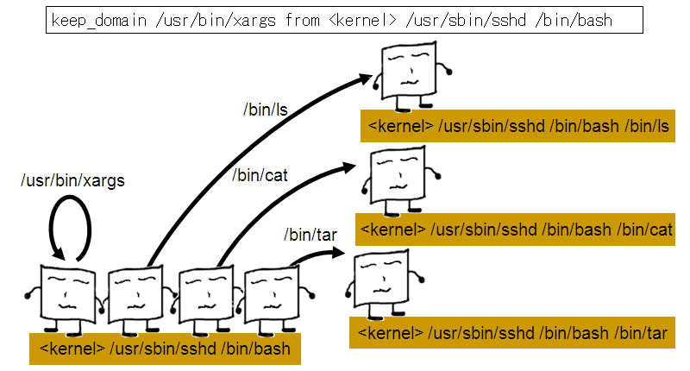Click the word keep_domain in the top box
pos(91,20)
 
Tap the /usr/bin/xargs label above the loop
pos(73,181)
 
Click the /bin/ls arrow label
pos(263,110)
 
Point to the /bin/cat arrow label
pos(260,176)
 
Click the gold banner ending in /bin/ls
pos(518,127)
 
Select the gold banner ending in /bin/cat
pos(515,230)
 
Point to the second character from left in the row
pos(134,298)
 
